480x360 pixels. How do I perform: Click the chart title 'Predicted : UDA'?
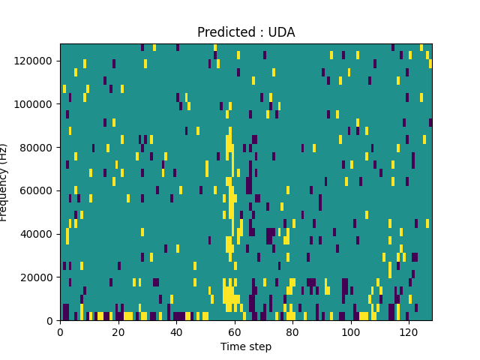(246, 32)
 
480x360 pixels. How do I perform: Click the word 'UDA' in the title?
(282, 32)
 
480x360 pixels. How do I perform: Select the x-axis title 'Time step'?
(246, 346)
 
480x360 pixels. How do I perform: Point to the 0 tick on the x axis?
(60, 331)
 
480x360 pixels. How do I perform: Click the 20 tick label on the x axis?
(118, 331)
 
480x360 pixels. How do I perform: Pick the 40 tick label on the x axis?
(176, 331)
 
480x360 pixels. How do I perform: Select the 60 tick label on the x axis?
(235, 331)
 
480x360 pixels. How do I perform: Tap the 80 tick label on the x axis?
(292, 331)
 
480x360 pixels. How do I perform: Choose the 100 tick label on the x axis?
(351, 331)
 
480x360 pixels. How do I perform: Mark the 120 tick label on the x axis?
(409, 331)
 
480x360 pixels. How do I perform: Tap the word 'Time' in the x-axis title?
(232, 346)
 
